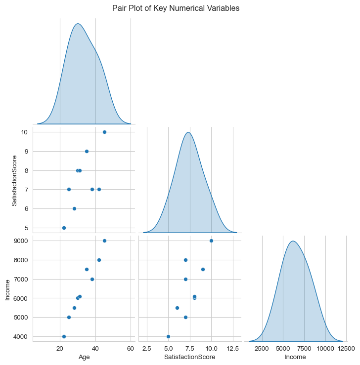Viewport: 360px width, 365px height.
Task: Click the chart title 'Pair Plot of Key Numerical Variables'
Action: (x=176, y=8)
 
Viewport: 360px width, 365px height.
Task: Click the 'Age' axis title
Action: (x=84, y=357)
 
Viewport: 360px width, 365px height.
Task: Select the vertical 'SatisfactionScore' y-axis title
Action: (x=14, y=181)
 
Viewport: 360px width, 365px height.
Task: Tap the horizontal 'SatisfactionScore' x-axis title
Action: (x=190, y=357)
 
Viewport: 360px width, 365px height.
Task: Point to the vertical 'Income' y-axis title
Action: (x=7, y=290)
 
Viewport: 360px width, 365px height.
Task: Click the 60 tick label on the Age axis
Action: (x=131, y=349)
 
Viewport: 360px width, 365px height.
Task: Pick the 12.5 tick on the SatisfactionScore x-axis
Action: (x=233, y=349)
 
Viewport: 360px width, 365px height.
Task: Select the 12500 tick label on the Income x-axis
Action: (x=346, y=349)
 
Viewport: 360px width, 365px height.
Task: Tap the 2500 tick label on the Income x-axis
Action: (x=262, y=349)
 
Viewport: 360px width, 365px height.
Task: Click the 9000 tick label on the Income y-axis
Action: (x=21, y=241)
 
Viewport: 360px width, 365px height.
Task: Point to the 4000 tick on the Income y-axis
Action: (x=21, y=337)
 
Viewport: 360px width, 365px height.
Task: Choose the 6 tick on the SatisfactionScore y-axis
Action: (x=26, y=209)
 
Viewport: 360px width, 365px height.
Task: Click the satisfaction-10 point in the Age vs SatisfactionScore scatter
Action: (x=104, y=132)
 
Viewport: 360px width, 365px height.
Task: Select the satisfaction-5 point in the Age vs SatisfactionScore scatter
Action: (x=64, y=228)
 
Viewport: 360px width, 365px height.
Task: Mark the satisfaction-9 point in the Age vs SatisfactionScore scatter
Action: (x=87, y=151)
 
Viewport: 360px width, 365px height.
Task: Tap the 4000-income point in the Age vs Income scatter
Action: (x=64, y=337)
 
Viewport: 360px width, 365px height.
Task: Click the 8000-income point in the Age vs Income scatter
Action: (x=99, y=260)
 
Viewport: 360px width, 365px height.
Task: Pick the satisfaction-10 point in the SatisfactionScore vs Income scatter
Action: (x=211, y=241)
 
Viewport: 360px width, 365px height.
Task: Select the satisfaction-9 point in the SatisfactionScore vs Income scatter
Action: (x=203, y=270)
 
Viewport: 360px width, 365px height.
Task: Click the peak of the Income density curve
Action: (x=293, y=241)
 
